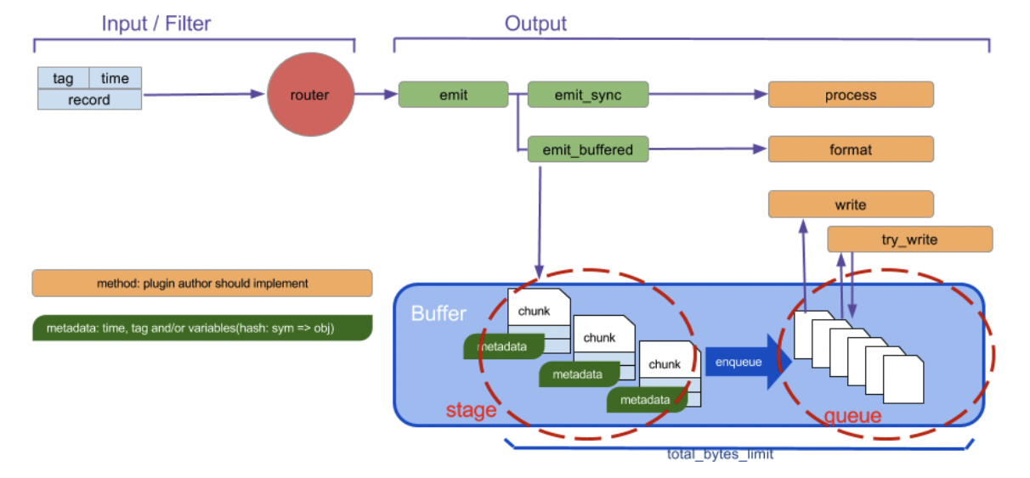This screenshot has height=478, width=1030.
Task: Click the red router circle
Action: (310, 94)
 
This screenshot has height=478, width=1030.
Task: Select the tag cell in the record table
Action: (63, 78)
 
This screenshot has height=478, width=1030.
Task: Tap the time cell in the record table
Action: (115, 78)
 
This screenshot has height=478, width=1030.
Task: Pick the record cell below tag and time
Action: (89, 99)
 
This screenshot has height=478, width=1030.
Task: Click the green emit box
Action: (453, 94)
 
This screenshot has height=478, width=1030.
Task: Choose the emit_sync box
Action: (588, 94)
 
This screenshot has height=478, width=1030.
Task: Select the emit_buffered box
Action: (588, 149)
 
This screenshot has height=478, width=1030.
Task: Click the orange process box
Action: (851, 94)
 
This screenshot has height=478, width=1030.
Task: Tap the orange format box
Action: (851, 149)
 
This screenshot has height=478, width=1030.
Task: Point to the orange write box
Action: (851, 204)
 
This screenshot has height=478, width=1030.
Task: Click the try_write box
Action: (910, 239)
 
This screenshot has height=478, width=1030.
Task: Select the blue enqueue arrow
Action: (748, 362)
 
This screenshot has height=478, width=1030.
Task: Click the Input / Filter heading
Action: (156, 24)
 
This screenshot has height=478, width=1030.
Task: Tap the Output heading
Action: (535, 24)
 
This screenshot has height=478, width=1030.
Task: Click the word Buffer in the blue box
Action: (439, 313)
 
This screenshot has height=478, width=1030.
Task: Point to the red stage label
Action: (472, 410)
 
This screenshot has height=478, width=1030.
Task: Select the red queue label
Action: (853, 415)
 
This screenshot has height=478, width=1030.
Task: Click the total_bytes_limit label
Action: (720, 454)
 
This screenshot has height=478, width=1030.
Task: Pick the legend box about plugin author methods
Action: (202, 284)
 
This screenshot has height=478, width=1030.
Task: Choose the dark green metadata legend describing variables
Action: (202, 328)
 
